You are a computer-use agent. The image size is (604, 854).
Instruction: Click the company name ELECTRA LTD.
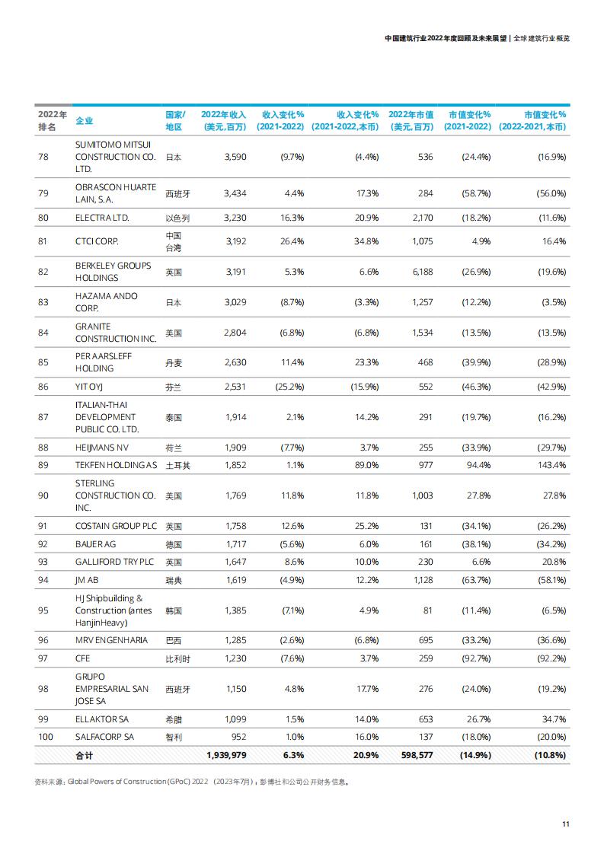[x=102, y=218]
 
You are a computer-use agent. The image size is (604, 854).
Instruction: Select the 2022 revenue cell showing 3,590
[x=235, y=157]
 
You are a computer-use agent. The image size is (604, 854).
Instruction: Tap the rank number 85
[x=43, y=362]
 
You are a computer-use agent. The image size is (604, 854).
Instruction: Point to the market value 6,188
[x=423, y=272]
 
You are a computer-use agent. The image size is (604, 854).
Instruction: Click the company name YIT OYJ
[x=89, y=387]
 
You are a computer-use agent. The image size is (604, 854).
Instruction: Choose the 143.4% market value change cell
[x=551, y=465]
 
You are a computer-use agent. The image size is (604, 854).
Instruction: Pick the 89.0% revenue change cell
[x=366, y=465]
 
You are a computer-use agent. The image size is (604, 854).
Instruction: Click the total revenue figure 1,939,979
[x=226, y=755]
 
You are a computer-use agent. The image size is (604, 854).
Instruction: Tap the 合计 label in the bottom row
[x=84, y=755]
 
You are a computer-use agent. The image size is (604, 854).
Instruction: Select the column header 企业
[x=84, y=120]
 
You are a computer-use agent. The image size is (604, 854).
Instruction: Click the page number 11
[x=566, y=824]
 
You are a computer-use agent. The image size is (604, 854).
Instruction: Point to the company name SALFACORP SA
[x=104, y=737]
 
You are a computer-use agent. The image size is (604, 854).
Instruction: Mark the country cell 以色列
[x=177, y=218]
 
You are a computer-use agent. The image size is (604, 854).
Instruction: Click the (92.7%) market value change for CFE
[x=476, y=658]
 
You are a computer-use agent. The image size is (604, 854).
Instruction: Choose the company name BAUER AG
[x=95, y=544]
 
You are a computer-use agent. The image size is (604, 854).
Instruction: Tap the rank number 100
[x=46, y=737]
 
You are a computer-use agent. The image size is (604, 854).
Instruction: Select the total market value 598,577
[x=417, y=755]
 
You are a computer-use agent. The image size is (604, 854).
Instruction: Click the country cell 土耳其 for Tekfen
[x=177, y=466]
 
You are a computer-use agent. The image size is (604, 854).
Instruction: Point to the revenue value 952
[x=238, y=737]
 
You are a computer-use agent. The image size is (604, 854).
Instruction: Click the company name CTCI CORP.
[x=97, y=241]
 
